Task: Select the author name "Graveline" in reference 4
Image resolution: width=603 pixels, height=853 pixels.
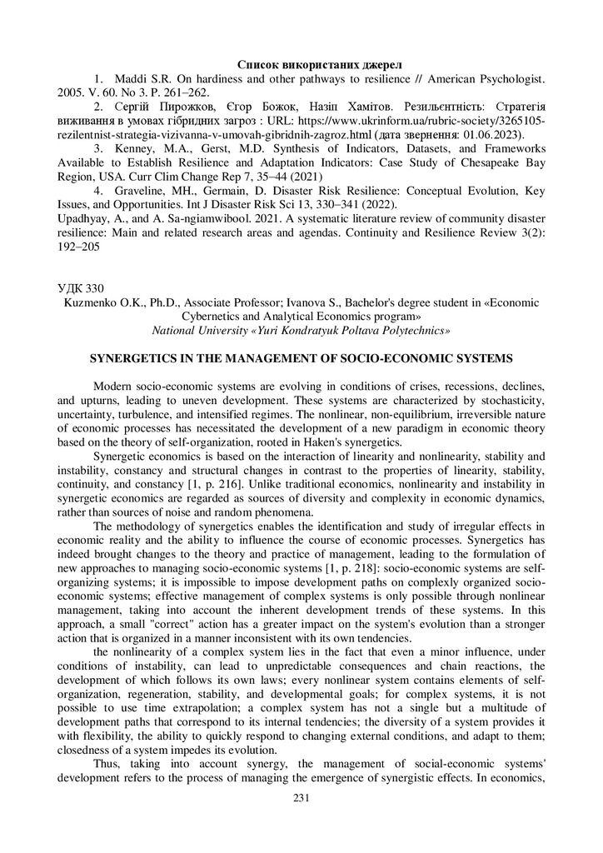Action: point(144,192)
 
